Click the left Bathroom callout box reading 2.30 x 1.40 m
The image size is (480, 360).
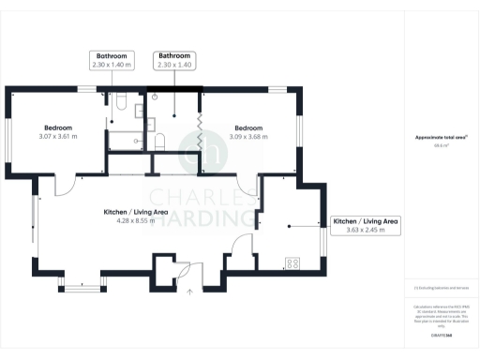tap(112, 61)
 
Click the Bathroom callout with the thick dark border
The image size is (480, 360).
tap(174, 61)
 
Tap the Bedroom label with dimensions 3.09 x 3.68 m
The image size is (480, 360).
tap(248, 132)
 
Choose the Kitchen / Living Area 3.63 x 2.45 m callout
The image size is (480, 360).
tap(366, 226)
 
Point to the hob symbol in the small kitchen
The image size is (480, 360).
tap(292, 263)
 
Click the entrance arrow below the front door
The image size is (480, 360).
tap(190, 292)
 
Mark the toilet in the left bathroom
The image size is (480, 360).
tap(120, 99)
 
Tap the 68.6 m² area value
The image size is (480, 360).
tap(440, 146)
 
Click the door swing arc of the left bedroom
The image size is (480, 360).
tap(67, 186)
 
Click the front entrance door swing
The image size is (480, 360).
tap(185, 268)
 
